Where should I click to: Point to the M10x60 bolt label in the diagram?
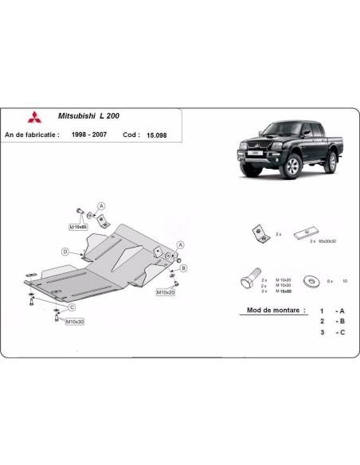pyautogui.click(x=77, y=228)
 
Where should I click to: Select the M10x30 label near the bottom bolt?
pyautogui.click(x=74, y=321)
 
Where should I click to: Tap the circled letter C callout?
pyautogui.click(x=71, y=307)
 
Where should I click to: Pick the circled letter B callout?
pyautogui.click(x=182, y=268)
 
